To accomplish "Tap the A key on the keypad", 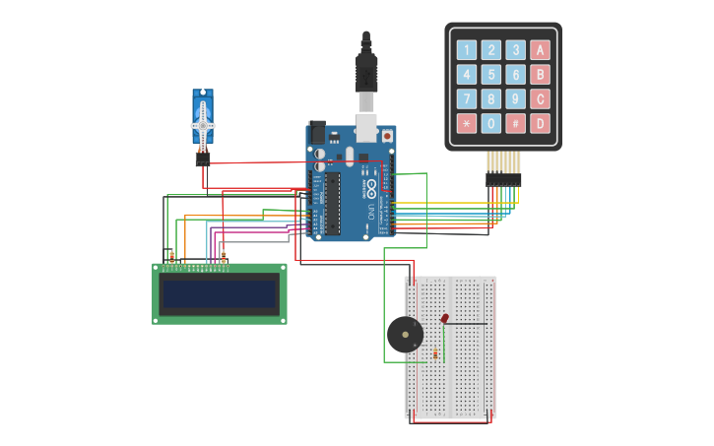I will pyautogui.click(x=540, y=50).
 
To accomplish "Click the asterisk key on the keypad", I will pyautogui.click(x=466, y=123).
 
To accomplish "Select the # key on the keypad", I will pyautogui.click(x=515, y=123).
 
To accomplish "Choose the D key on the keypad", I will pyautogui.click(x=540, y=123).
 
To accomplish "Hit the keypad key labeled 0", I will pyautogui.click(x=490, y=123).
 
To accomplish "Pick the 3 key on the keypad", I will pyautogui.click(x=515, y=50).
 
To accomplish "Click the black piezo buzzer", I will pyautogui.click(x=405, y=335).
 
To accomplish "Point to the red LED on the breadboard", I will pyautogui.click(x=445, y=318).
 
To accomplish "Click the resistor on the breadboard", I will pyautogui.click(x=435, y=353).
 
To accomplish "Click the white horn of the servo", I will pyautogui.click(x=202, y=126).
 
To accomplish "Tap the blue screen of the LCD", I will pyautogui.click(x=220, y=294).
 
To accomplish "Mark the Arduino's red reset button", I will pyautogui.click(x=386, y=136).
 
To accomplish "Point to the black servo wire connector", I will pyautogui.click(x=203, y=159).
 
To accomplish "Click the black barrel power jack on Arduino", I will pyautogui.click(x=317, y=132).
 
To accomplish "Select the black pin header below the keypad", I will pyautogui.click(x=503, y=179).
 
